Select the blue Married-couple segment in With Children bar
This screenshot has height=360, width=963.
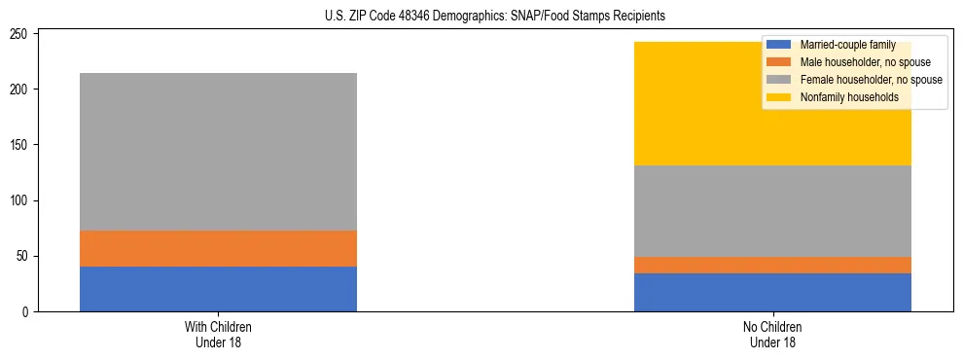(218, 289)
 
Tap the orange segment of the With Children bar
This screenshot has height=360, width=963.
(218, 248)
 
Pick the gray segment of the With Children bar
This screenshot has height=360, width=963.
(218, 152)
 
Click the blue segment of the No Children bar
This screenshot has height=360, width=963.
(772, 292)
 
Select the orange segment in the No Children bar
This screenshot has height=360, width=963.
(772, 265)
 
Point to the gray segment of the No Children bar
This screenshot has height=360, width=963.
(772, 211)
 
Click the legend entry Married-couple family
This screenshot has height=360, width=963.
(845, 45)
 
